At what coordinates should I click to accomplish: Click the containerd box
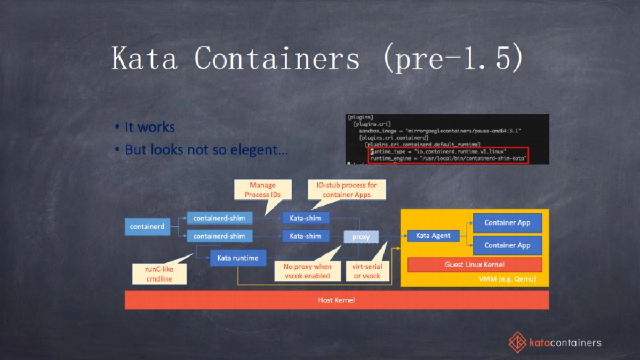[x=147, y=227]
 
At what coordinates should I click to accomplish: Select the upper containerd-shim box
[x=219, y=218]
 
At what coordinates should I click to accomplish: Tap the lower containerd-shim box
[x=219, y=236]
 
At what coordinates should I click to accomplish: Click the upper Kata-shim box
[x=305, y=218]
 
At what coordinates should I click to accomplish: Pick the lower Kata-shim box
[x=305, y=236]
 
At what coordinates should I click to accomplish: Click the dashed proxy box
[x=361, y=236]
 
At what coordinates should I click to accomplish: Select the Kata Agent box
[x=433, y=236]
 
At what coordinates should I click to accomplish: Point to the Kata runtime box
[x=237, y=258]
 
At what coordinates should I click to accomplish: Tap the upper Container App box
[x=507, y=223]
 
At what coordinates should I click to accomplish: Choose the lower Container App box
[x=507, y=245]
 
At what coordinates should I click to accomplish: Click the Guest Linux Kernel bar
[x=474, y=265]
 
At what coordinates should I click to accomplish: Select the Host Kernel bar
[x=337, y=300]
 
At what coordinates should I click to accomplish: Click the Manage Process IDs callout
[x=263, y=190]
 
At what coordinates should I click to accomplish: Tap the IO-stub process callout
[x=346, y=190]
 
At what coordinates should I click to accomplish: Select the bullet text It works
[x=149, y=127]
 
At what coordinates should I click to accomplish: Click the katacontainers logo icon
[x=517, y=342]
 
